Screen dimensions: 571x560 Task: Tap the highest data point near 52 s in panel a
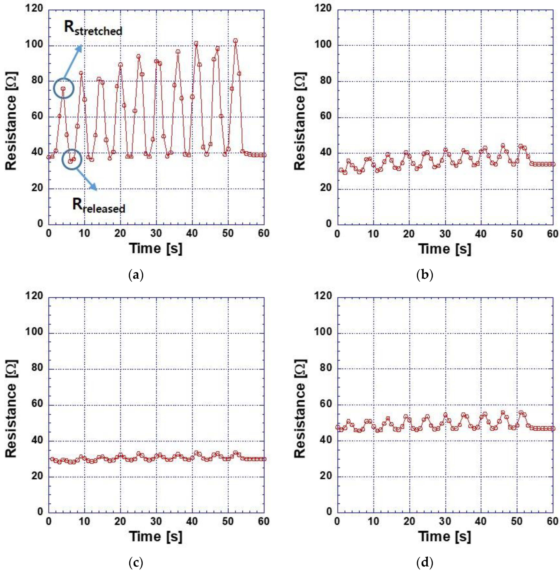click(x=235, y=41)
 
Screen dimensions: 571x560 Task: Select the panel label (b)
click(x=425, y=275)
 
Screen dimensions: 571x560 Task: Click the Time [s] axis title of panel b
click(x=445, y=249)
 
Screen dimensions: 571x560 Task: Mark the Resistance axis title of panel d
click(x=300, y=409)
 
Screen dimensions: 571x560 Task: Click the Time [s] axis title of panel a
click(x=156, y=249)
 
